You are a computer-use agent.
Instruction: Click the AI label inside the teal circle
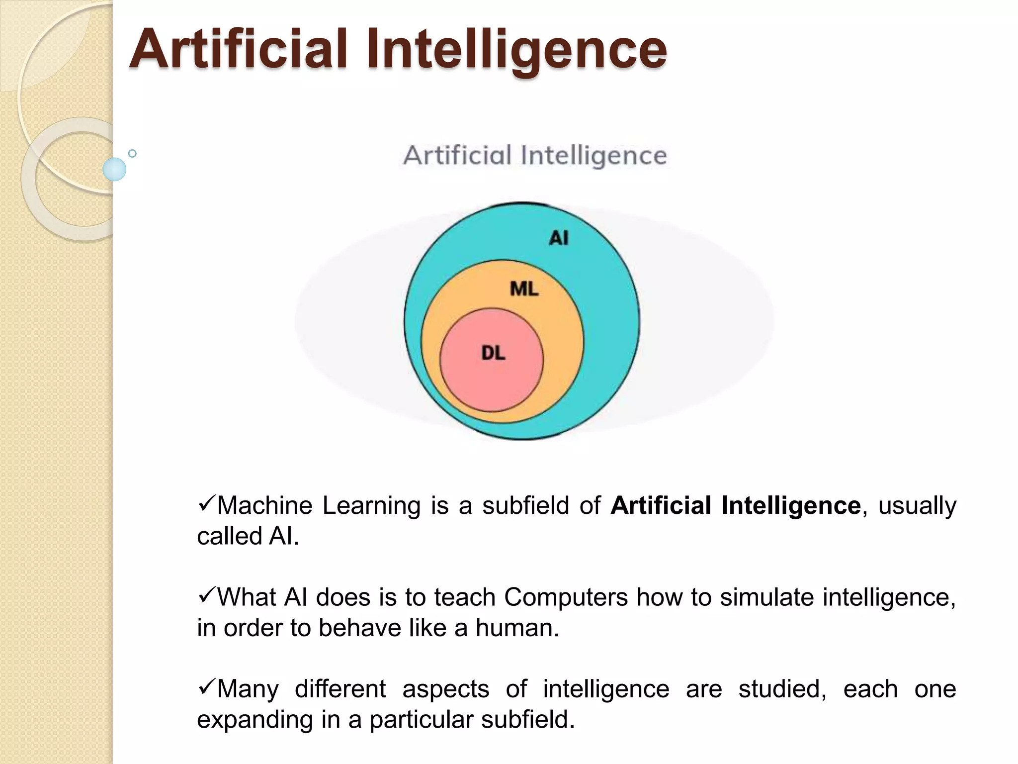[559, 238]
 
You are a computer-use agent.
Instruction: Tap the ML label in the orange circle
[524, 289]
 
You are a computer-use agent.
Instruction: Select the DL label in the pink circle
[493, 353]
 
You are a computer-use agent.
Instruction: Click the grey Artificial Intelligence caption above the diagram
[535, 156]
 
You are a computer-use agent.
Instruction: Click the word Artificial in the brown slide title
[238, 49]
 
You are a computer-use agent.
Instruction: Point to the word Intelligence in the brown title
[516, 50]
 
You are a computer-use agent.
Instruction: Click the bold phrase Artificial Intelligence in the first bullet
[736, 505]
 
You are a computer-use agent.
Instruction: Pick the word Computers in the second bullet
[566, 597]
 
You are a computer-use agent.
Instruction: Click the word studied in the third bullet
[782, 689]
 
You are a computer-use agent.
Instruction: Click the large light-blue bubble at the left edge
[114, 169]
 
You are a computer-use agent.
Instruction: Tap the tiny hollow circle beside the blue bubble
[132, 153]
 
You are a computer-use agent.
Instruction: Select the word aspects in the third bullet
[445, 689]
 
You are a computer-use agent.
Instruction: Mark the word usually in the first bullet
[917, 506]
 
